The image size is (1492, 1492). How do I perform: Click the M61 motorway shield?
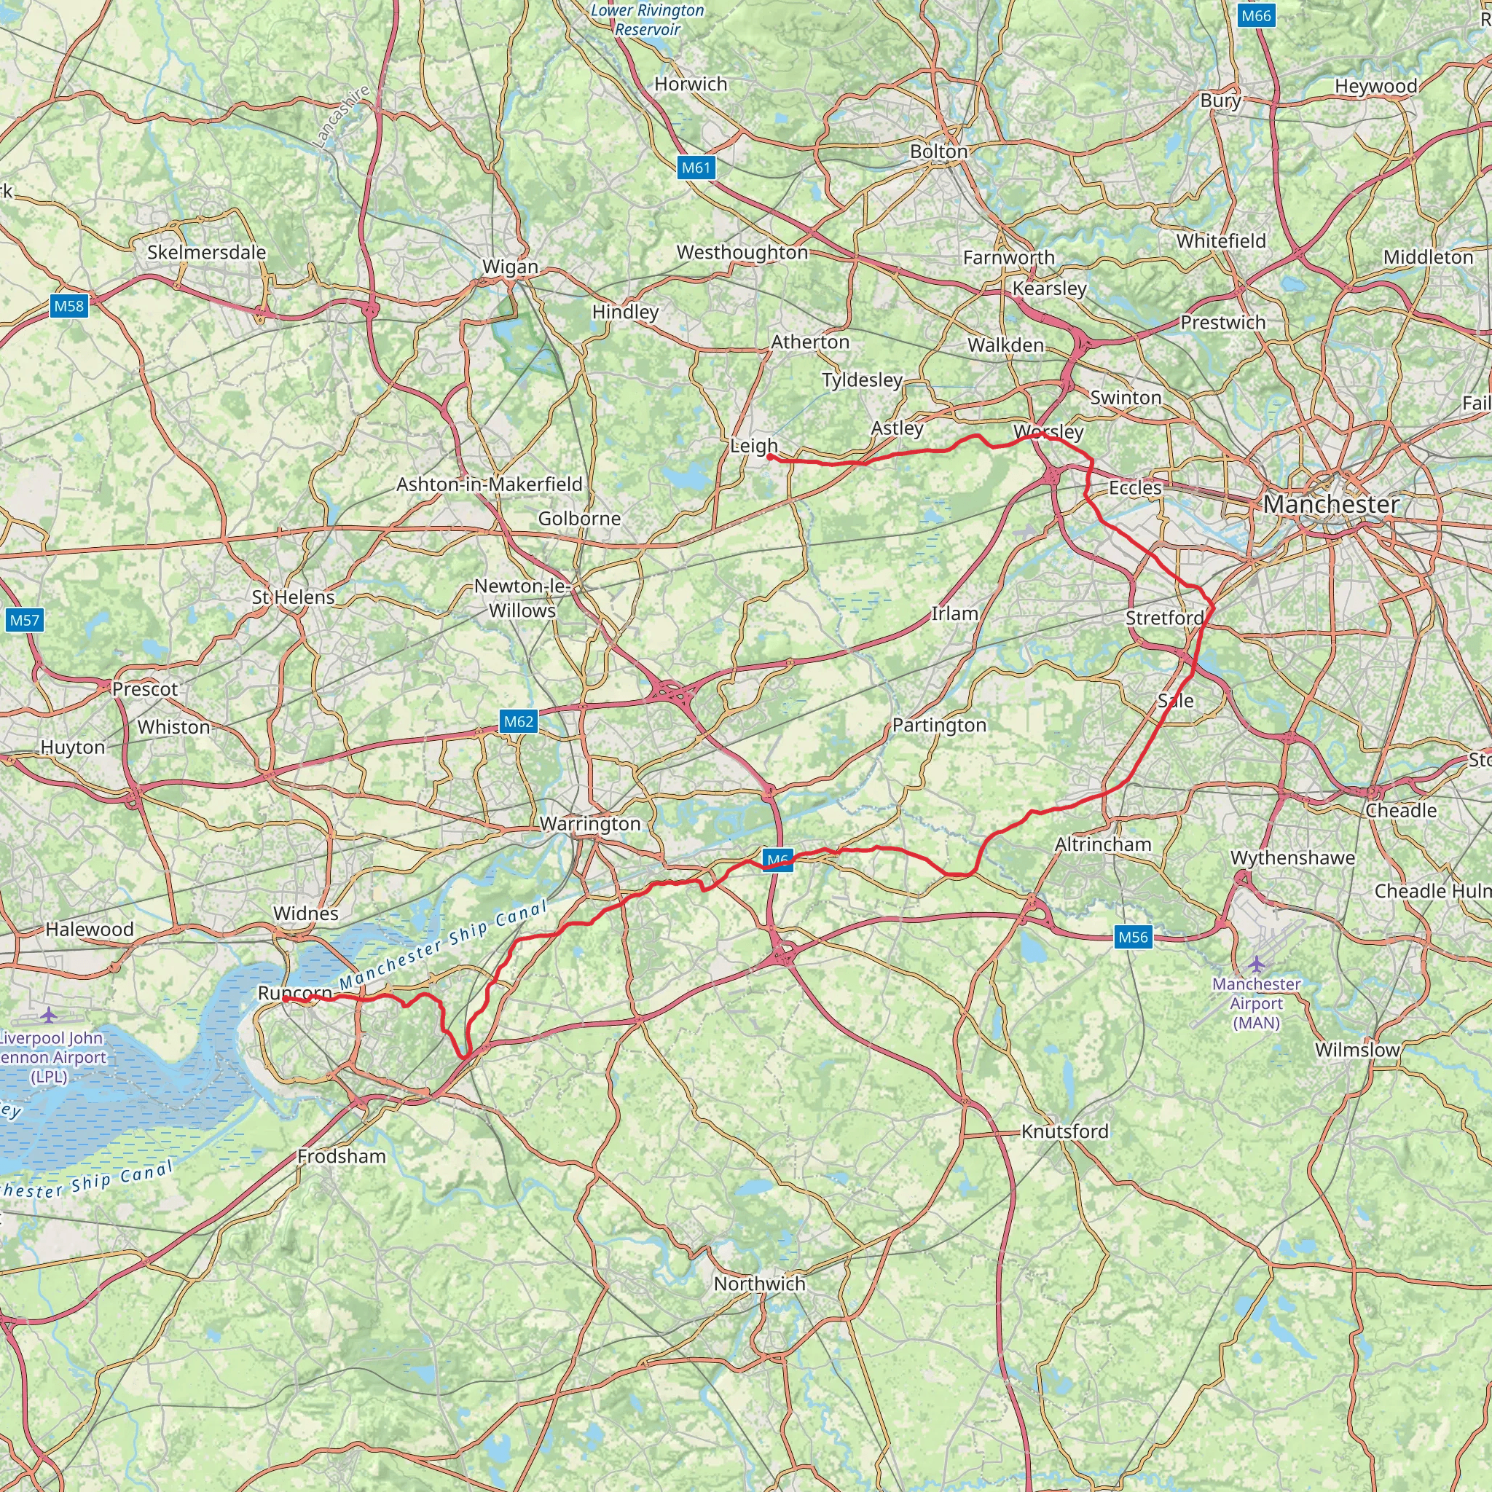pos(695,168)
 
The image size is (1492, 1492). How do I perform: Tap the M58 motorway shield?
pos(68,306)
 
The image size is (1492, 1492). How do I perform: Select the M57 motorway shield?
pos(24,620)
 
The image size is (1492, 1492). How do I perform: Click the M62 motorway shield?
pos(518,721)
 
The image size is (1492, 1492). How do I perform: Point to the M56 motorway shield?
pos(1133,937)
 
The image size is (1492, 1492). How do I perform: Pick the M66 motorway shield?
pos(1255,15)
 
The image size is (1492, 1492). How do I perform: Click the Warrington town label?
pos(590,823)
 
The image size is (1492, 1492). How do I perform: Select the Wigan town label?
pos(511,267)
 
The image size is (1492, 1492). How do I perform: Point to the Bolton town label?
pos(938,152)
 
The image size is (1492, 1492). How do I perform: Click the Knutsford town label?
pos(1065,1131)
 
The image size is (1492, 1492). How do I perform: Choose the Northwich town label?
pos(759,1284)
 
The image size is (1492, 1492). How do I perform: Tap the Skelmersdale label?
pos(206,252)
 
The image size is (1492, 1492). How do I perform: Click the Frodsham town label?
pos(342,1156)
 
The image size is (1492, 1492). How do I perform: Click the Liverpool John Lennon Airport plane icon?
pos(50,1014)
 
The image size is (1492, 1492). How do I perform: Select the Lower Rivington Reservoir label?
pos(648,20)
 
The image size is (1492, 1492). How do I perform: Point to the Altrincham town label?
pos(1103,844)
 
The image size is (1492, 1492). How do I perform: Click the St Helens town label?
pos(294,597)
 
